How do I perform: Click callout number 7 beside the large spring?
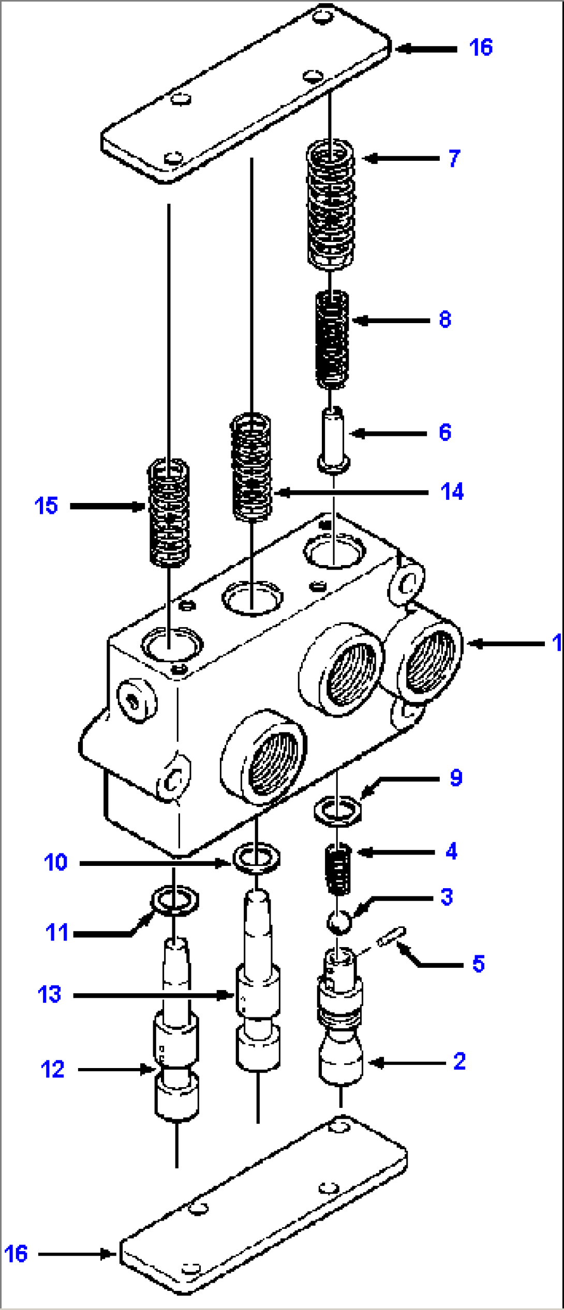coord(454,158)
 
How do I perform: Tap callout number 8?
coord(444,319)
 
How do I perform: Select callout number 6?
coord(444,432)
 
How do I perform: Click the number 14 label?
coord(452,491)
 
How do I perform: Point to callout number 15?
coord(46,505)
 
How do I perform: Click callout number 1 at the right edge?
coord(556,643)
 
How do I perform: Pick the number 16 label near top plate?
coord(480,47)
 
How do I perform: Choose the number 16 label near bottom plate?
coord(16,1254)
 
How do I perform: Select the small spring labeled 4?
coord(339,869)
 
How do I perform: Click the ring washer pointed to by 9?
coord(337,810)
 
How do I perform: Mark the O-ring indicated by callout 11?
coord(174,901)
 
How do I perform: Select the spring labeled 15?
coord(169,512)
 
